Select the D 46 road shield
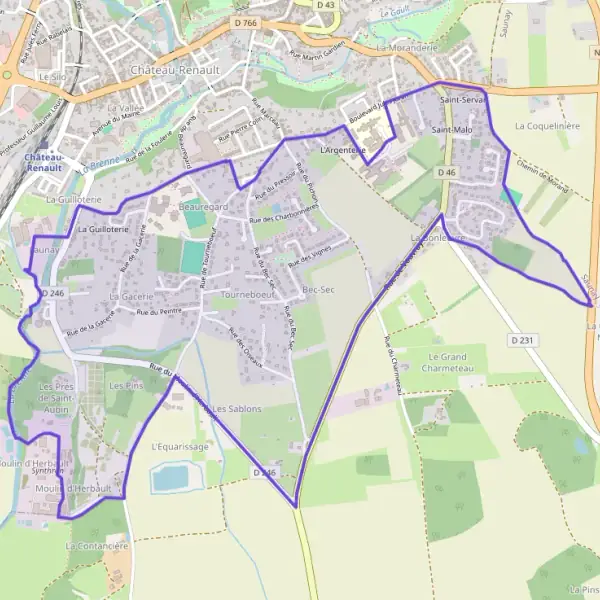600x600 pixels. click(446, 173)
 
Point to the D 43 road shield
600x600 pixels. click(325, 5)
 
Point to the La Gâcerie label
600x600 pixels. click(131, 296)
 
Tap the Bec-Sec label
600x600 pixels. click(317, 289)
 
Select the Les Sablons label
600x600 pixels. click(237, 409)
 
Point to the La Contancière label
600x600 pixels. click(98, 546)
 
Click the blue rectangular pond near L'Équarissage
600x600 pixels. click(171, 478)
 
